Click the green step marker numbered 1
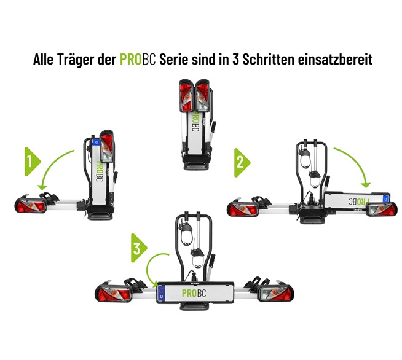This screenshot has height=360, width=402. point(32,162)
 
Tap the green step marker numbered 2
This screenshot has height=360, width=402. point(241,162)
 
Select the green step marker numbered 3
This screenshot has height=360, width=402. point(138,248)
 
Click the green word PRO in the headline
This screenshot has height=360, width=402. point(131,59)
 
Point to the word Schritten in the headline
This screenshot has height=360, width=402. point(268,59)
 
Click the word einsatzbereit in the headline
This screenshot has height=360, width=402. point(335,59)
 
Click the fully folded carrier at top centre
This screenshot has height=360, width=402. point(197,125)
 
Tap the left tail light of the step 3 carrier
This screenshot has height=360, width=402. point(114,293)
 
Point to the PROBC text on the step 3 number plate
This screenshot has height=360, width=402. point(194,293)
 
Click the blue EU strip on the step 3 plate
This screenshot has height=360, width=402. point(161,293)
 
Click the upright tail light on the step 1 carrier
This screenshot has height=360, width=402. point(106,146)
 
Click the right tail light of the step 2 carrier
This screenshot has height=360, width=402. point(382,209)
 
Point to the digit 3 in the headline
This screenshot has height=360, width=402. point(235,60)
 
